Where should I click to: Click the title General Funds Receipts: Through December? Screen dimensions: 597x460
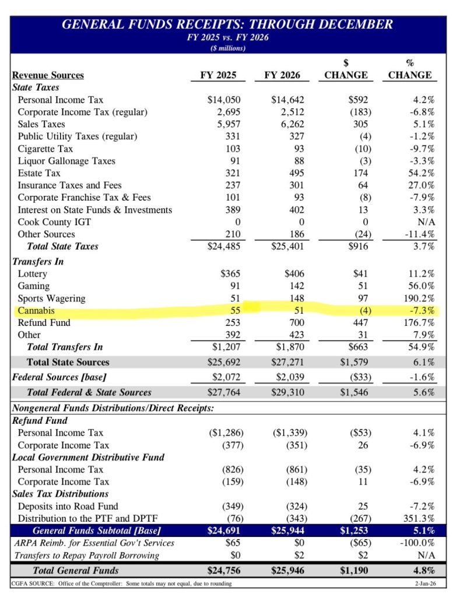tap(227, 24)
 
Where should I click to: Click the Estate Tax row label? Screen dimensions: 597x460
tap(39, 173)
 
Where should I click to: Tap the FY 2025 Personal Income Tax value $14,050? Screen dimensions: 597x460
tap(224, 100)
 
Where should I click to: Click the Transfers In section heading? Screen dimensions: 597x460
tap(38, 261)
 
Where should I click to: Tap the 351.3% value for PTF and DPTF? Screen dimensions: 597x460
tap(419, 518)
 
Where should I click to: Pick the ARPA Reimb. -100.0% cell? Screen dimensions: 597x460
tap(417, 543)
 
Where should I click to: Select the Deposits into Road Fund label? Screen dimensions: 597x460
tap(68, 505)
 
